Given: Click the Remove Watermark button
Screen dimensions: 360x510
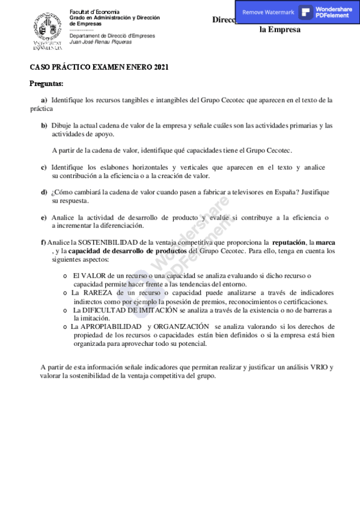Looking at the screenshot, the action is tap(268, 12).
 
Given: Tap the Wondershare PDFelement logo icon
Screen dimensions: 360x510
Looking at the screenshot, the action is tap(306, 12).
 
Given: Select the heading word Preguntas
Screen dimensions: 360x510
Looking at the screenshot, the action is tap(46, 83).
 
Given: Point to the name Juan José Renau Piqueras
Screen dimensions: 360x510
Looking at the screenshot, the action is tap(100, 41).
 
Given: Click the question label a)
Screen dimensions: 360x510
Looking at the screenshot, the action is tap(44, 100).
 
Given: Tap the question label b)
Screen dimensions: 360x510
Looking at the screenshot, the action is tap(44, 125).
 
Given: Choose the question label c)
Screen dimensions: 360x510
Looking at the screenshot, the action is tap(44, 167).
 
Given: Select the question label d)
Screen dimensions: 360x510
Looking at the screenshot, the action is tap(44, 192).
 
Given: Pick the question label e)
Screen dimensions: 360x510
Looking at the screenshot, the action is tap(44, 217).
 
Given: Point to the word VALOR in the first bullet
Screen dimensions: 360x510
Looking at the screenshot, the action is tap(93, 275).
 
